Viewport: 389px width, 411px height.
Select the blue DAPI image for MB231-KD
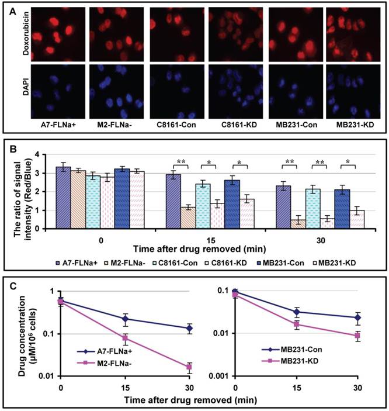coord(354,93)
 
